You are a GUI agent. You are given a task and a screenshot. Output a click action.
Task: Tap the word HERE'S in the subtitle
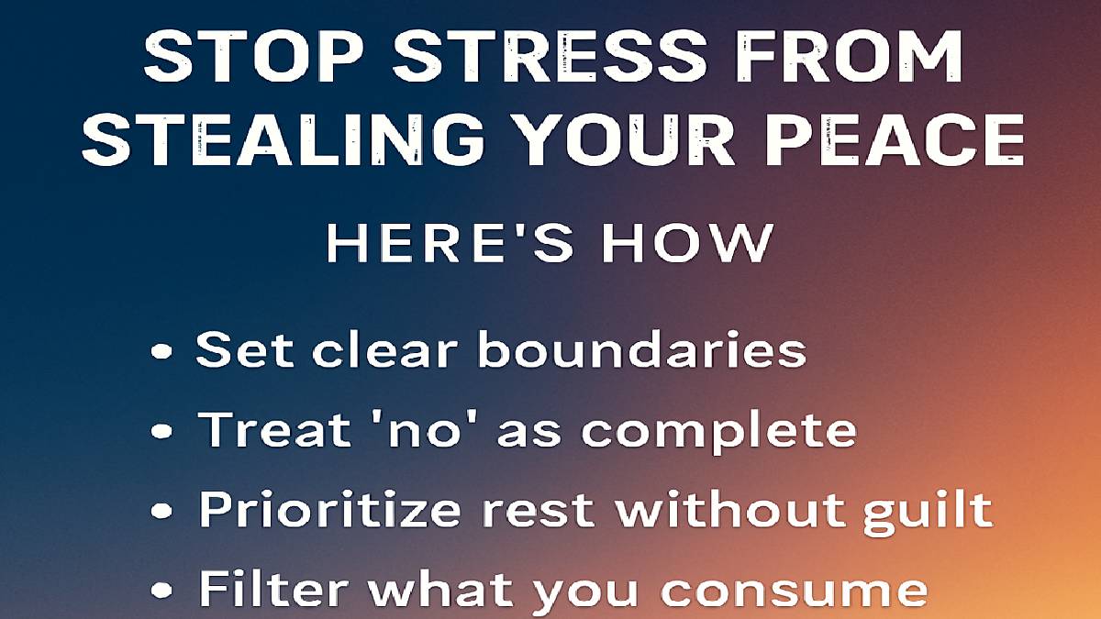coord(450,243)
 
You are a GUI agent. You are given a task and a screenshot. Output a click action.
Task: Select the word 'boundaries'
coord(641,349)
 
